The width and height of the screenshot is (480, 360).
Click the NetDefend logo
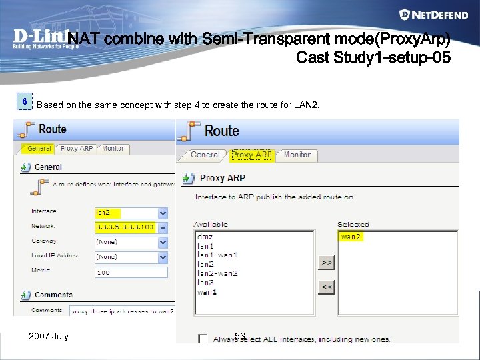(x=435, y=15)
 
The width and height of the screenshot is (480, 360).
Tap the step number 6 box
(x=25, y=102)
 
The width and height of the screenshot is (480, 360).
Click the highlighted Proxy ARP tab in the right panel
(x=251, y=155)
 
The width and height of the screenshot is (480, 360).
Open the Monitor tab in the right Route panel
(x=297, y=155)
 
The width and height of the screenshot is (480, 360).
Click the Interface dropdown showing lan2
(x=131, y=213)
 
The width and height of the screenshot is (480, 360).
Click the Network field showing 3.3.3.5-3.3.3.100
(x=131, y=227)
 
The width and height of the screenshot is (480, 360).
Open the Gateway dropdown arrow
(x=163, y=242)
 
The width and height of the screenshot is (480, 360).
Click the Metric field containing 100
(x=131, y=272)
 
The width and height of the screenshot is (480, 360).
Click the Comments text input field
(x=121, y=310)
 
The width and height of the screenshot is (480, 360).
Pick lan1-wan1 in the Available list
(x=217, y=255)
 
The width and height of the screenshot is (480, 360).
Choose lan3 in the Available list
(x=206, y=283)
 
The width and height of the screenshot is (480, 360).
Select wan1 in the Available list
(x=207, y=292)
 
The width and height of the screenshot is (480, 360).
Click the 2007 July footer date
(x=49, y=336)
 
